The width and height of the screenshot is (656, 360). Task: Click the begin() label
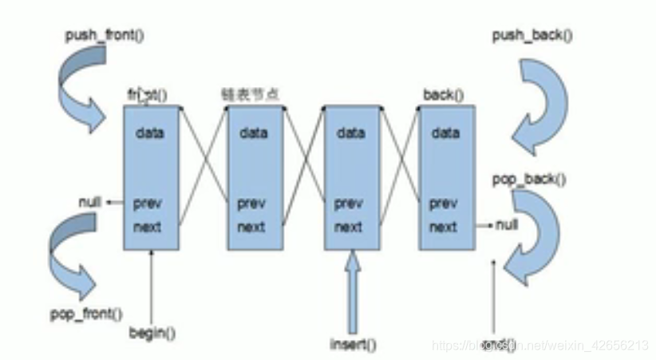coord(152,332)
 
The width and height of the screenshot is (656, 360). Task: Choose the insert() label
coord(353,344)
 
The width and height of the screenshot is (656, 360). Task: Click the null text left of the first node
coord(90,201)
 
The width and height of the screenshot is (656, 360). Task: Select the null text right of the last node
coord(506,226)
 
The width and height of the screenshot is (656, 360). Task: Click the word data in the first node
coord(150,133)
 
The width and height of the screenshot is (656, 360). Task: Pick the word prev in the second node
coord(252,204)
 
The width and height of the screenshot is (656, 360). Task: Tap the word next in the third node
coord(349,227)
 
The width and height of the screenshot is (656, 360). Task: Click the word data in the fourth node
coord(445,133)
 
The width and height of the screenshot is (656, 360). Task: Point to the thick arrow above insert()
coord(353,291)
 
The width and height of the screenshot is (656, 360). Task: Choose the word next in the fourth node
coord(444,227)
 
